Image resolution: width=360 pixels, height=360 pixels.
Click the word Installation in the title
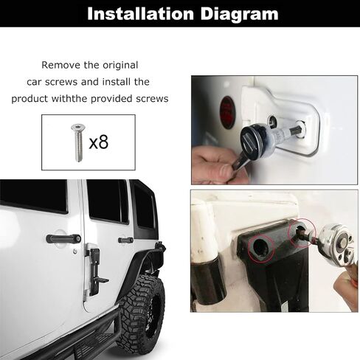140,13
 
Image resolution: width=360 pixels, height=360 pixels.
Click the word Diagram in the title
239,15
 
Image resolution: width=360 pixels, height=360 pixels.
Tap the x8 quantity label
98,142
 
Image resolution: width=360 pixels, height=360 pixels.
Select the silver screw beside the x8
77,142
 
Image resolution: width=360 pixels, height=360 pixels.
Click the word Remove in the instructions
60,65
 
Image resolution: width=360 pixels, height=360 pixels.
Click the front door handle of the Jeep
63,238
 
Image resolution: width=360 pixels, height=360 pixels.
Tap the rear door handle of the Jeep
125,240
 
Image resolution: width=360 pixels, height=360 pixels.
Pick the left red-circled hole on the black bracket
261,248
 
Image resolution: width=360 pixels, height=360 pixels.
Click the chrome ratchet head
337,246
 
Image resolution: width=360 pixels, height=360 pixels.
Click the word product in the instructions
30,99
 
